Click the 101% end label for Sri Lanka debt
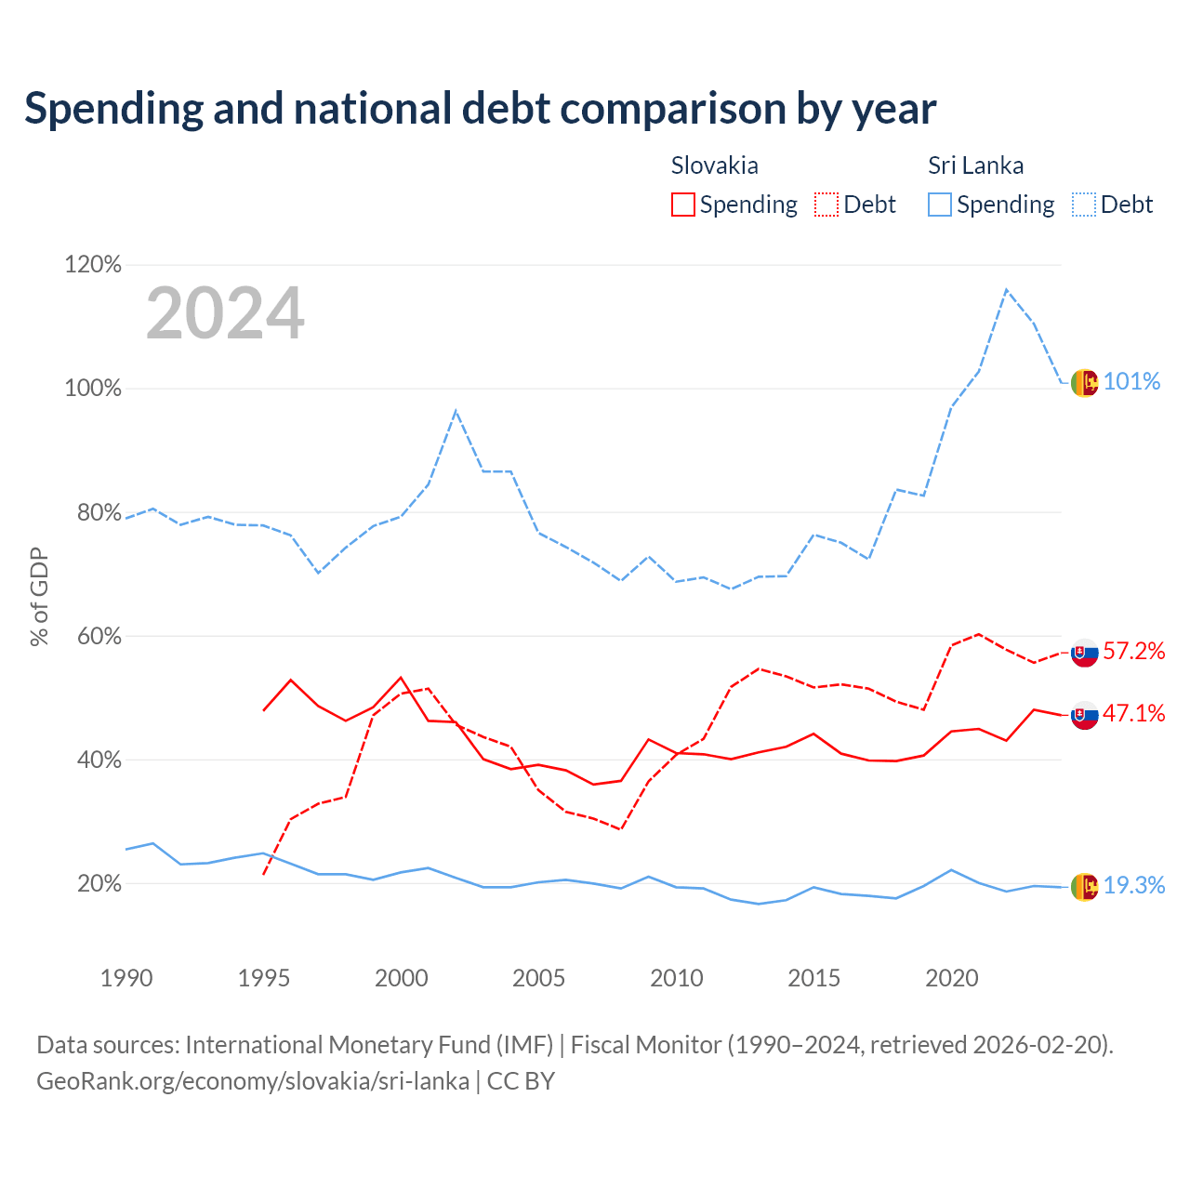(x=1130, y=382)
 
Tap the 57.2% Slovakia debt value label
(x=1134, y=651)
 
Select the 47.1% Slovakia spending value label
(x=1134, y=713)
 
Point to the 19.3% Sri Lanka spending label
(x=1134, y=885)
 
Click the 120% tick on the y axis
(x=93, y=264)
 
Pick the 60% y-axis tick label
(x=99, y=636)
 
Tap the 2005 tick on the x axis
(x=538, y=977)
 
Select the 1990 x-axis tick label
(x=126, y=977)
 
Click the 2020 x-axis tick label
(x=952, y=977)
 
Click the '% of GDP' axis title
(x=39, y=597)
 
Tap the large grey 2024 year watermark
(x=225, y=312)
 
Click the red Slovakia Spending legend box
(x=682, y=205)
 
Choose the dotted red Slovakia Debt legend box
(x=826, y=205)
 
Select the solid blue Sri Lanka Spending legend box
(x=939, y=205)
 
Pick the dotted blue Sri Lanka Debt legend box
(x=1084, y=205)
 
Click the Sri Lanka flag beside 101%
(x=1084, y=383)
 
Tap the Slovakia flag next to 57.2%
(x=1084, y=653)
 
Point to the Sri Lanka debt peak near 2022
(x=1007, y=289)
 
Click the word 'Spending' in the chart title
(x=113, y=109)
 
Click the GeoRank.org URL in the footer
(x=253, y=1081)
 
